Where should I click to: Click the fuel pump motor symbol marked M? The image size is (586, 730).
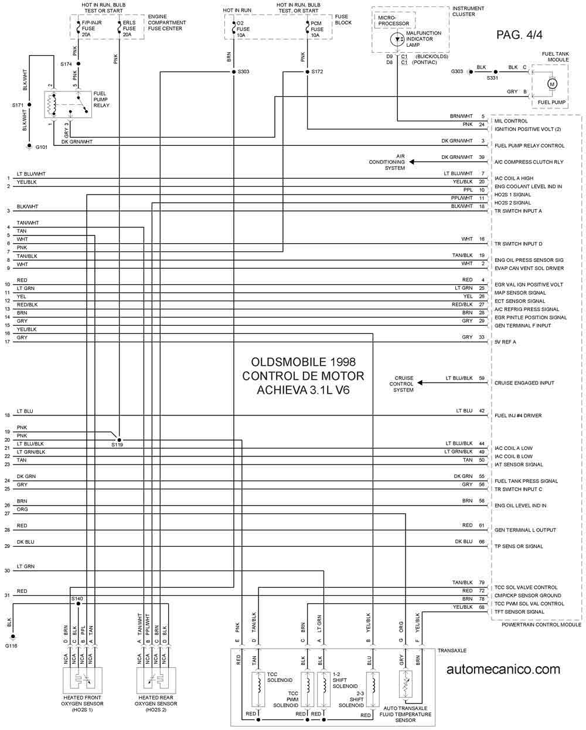pos(552,84)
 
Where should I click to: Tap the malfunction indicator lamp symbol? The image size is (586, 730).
pos(397,39)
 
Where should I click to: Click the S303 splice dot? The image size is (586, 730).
pos(234,72)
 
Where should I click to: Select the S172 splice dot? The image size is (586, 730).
pos(308,72)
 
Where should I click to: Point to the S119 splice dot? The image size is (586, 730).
pos(119,440)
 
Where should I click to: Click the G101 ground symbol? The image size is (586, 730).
pos(29,146)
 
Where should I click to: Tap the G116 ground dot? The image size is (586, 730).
pos(13,637)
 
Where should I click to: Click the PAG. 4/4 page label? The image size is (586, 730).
pos(519,35)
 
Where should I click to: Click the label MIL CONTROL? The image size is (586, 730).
pos(511,121)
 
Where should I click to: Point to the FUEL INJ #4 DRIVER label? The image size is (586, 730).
pos(518,415)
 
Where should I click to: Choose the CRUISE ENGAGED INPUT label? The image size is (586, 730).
pos(524,383)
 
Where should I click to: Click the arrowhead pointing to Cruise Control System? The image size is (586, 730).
pos(420,383)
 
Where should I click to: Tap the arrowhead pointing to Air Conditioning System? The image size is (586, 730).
pos(411,162)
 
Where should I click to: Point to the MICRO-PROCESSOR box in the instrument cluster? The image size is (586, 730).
pos(394,21)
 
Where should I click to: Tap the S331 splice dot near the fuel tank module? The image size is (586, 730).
pos(495,72)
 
